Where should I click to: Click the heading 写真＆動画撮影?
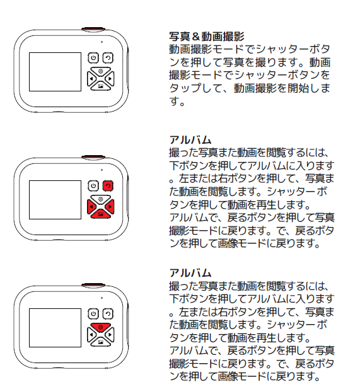206,37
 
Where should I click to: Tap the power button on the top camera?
93,58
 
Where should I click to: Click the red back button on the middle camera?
108,186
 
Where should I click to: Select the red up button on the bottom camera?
100,327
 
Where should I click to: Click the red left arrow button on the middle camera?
91,206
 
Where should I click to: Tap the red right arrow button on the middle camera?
110,206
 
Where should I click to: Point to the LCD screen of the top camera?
55,72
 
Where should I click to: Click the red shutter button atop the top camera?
93,30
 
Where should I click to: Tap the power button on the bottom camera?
93,314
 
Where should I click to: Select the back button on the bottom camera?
108,314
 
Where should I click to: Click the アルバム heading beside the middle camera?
190,140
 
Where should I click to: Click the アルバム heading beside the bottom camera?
190,273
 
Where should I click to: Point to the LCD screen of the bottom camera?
55,328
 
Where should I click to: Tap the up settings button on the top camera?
100,71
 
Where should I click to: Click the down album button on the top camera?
100,86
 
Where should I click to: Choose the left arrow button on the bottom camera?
91,334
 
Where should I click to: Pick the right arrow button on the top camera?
110,78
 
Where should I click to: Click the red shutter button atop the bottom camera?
93,286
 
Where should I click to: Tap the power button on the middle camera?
93,186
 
